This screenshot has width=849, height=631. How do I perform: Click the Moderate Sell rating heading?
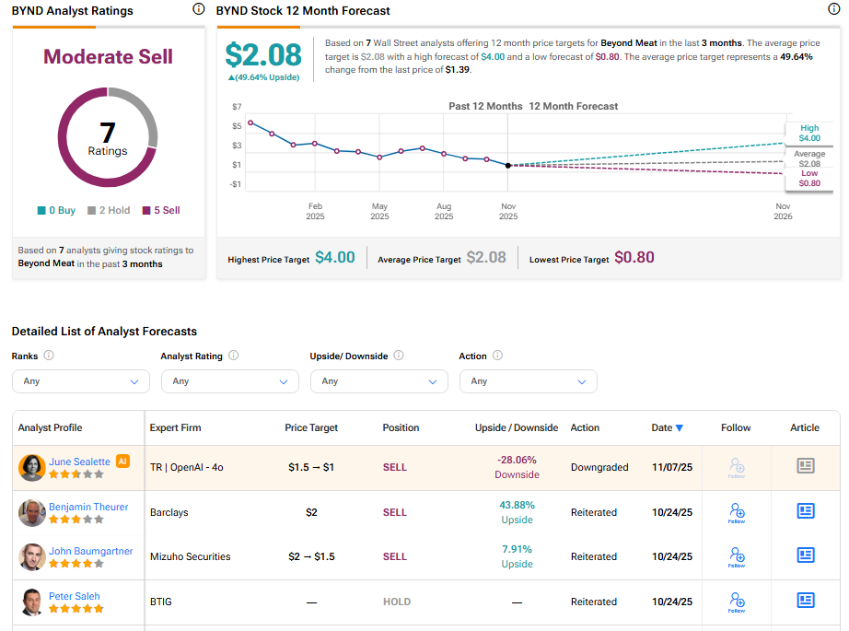coord(108,56)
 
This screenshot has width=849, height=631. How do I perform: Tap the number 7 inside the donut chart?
coord(108,133)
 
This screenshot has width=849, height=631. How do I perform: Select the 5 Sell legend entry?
coord(160,210)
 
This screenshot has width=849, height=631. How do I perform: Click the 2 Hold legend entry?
coord(109,210)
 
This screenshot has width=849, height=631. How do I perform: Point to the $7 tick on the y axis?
coord(237,107)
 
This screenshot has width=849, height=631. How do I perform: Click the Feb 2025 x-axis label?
coord(315,211)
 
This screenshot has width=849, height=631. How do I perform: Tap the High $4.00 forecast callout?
coord(808,134)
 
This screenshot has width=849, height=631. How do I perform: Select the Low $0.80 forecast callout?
coord(808,178)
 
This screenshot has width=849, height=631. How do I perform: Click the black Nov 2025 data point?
coord(508,165)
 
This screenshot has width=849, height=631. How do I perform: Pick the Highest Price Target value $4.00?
coord(334,258)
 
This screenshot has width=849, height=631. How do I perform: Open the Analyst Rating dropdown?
coord(230,381)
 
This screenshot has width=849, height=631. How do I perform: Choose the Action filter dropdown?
coord(529,381)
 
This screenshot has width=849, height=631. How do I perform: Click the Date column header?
coord(667,427)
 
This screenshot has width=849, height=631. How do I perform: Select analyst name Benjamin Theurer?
coord(88,507)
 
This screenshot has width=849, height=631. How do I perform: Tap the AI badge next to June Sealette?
coord(122,462)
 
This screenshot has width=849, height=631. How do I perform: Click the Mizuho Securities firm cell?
coord(190,556)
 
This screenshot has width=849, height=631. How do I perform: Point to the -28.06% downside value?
coord(517,460)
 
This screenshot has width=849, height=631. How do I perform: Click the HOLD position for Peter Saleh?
coord(397,602)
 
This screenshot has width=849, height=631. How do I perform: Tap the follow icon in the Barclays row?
coord(737,511)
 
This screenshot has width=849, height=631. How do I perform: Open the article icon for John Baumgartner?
coord(806,555)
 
